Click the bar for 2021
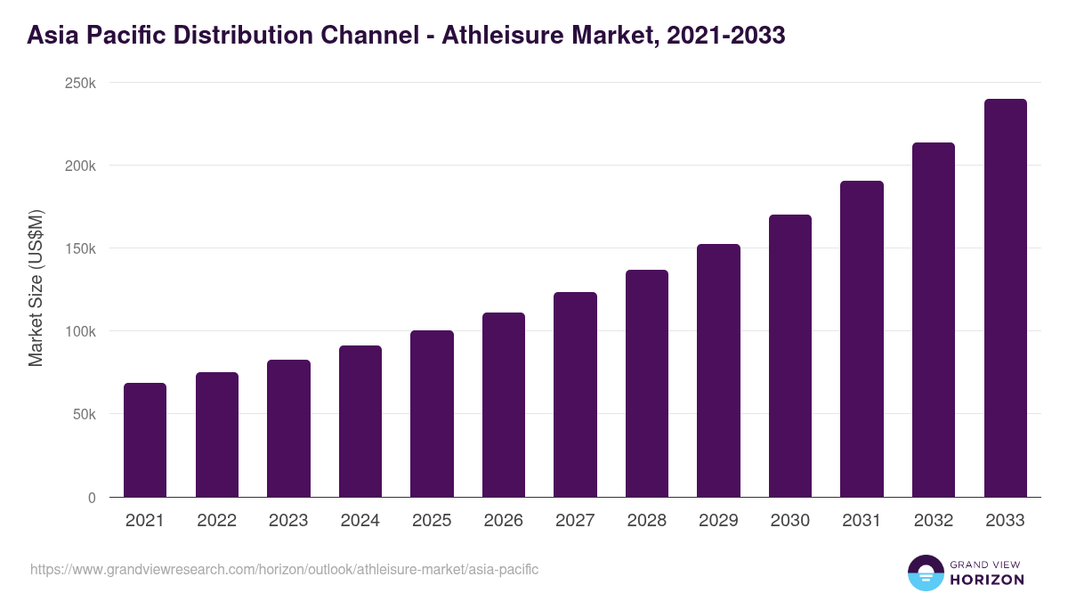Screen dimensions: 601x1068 pos(145,440)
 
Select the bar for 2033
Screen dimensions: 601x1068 pos(1005,298)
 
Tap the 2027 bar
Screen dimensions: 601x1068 pos(575,394)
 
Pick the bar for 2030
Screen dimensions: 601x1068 pos(790,356)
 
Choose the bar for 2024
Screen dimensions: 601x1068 pos(360,421)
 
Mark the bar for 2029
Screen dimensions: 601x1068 pos(718,370)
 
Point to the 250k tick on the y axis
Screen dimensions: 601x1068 pos(81,83)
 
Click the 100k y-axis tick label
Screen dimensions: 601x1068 pos(81,331)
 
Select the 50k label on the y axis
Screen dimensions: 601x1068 pos(84,414)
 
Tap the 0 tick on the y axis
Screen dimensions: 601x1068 pos(92,497)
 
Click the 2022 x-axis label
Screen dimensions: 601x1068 pos(216,521)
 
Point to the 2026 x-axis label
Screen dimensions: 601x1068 pos(503,521)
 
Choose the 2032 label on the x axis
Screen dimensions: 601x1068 pos(934,521)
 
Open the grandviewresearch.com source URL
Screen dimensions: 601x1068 pos(284,569)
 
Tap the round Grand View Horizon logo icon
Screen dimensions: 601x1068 pos(926,573)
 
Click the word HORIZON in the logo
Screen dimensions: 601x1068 pos(988,580)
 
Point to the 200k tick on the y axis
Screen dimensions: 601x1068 pos(81,166)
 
